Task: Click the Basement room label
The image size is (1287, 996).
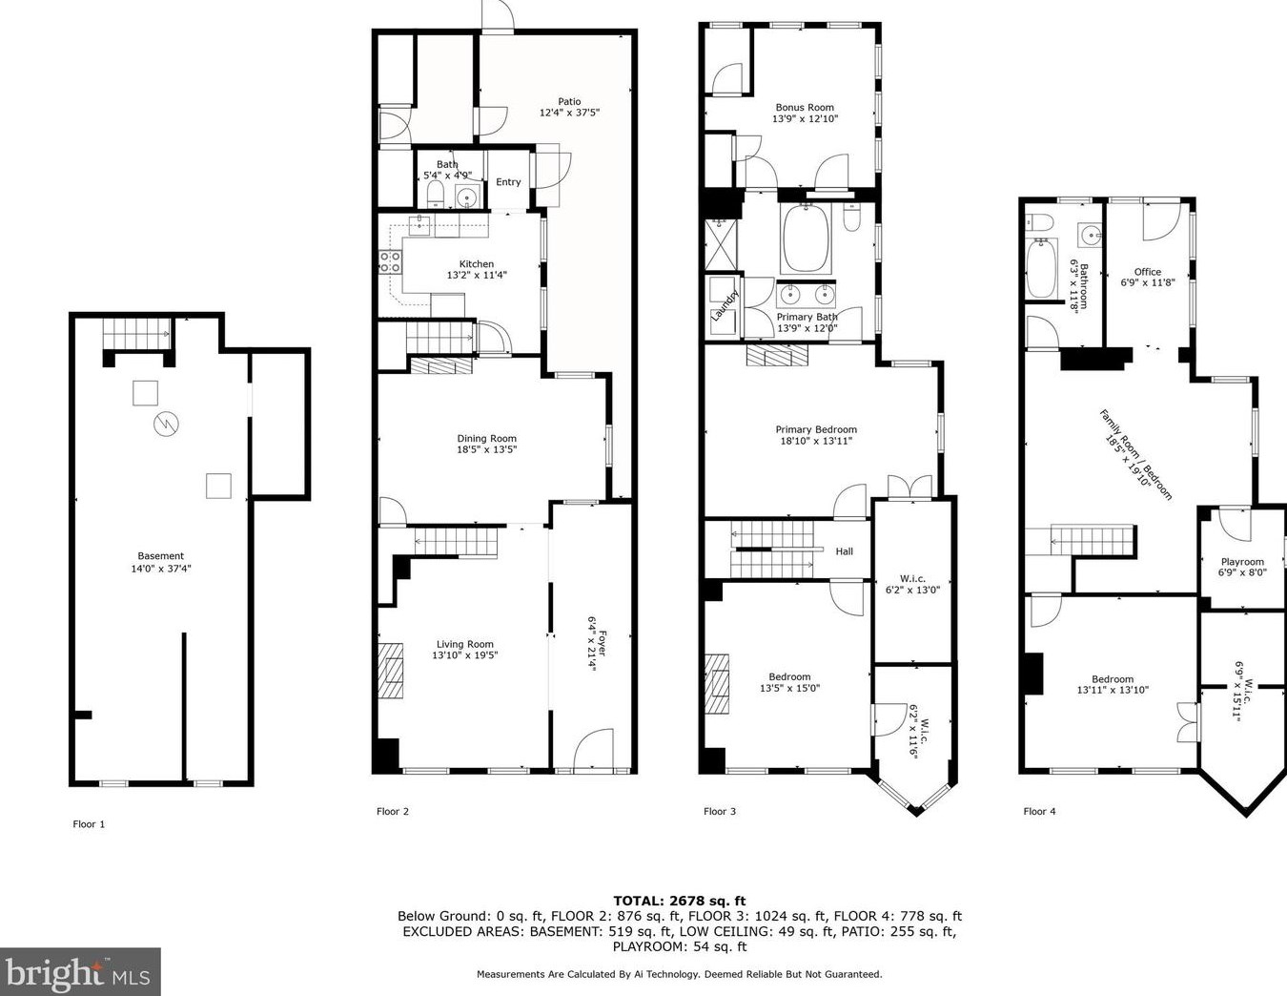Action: click(x=160, y=556)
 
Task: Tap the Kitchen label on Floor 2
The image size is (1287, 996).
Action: click(x=476, y=263)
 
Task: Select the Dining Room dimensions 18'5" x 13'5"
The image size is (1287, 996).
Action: click(x=486, y=449)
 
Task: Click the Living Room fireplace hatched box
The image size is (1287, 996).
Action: click(x=390, y=670)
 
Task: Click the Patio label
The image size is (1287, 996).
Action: click(x=569, y=101)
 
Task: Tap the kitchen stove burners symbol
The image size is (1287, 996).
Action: click(x=390, y=261)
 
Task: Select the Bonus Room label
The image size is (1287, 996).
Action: click(x=805, y=107)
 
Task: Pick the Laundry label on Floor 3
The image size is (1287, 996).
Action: click(x=725, y=304)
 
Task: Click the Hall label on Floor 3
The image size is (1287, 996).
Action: click(x=844, y=551)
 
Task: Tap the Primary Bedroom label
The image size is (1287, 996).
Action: click(x=816, y=429)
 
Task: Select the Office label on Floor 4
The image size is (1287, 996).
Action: click(x=1147, y=272)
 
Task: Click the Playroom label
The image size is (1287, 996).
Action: click(x=1242, y=562)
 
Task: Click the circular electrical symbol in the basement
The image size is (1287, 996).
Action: click(x=166, y=423)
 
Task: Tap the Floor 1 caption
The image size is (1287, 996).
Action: click(x=89, y=824)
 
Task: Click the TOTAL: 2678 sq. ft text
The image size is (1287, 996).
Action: click(x=680, y=902)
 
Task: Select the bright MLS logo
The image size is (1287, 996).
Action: click(x=80, y=972)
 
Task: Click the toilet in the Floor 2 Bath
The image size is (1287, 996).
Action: click(x=436, y=194)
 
